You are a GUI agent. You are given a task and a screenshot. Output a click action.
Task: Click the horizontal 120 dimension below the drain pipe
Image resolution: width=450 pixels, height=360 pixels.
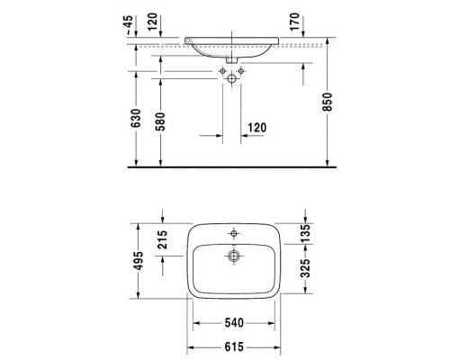(256, 128)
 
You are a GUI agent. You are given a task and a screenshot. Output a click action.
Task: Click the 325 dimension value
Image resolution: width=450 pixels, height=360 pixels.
(308, 268)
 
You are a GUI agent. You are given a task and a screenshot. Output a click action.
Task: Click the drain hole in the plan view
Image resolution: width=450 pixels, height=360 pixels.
(233, 256)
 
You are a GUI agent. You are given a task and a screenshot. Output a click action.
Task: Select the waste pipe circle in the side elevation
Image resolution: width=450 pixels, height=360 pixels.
(233, 79)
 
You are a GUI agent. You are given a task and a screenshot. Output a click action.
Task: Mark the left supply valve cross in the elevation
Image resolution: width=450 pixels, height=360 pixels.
(220, 69)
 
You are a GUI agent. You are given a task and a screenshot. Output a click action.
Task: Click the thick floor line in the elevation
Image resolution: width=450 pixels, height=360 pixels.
(234, 166)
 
